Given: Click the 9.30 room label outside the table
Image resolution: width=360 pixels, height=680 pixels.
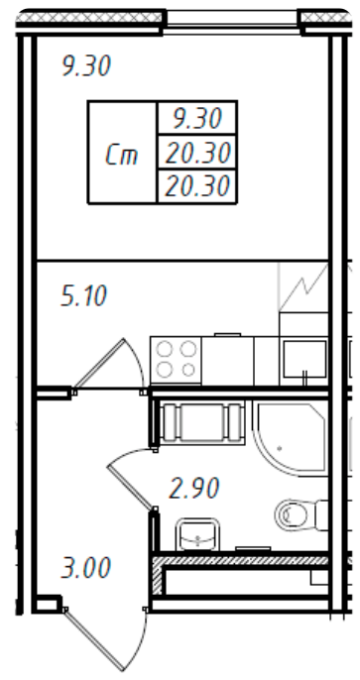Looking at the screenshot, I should pos(85,67).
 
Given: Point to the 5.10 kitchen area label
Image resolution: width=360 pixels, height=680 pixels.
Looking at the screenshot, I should pos(83,295).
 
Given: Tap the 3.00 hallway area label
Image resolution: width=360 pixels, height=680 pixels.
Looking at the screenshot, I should pos(83,569).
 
